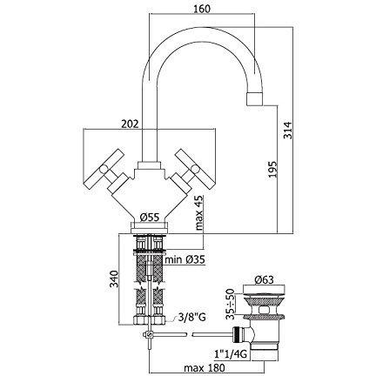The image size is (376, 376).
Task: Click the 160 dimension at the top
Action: (201, 9)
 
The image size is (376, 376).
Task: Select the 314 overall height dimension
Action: (288, 130)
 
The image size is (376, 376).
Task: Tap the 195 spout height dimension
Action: (272, 169)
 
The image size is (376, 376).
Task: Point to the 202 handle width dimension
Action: (130, 124)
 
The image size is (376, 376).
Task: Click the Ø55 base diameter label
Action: (150, 217)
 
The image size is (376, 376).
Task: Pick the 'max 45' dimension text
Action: (198, 212)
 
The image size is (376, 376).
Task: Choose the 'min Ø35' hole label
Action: (185, 259)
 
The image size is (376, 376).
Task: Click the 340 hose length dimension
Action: (115, 279)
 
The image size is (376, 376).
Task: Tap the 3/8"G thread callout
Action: (191, 317)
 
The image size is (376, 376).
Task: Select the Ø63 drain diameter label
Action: (264, 279)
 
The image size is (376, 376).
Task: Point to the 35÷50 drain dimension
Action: (230, 304)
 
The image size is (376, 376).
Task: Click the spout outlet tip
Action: (255, 99)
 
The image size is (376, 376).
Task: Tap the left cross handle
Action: (106, 172)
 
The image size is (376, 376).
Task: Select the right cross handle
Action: (192, 171)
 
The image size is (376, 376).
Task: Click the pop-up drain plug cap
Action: (264, 290)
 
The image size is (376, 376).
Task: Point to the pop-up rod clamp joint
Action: (148, 335)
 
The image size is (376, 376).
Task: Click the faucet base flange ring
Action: (149, 227)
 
